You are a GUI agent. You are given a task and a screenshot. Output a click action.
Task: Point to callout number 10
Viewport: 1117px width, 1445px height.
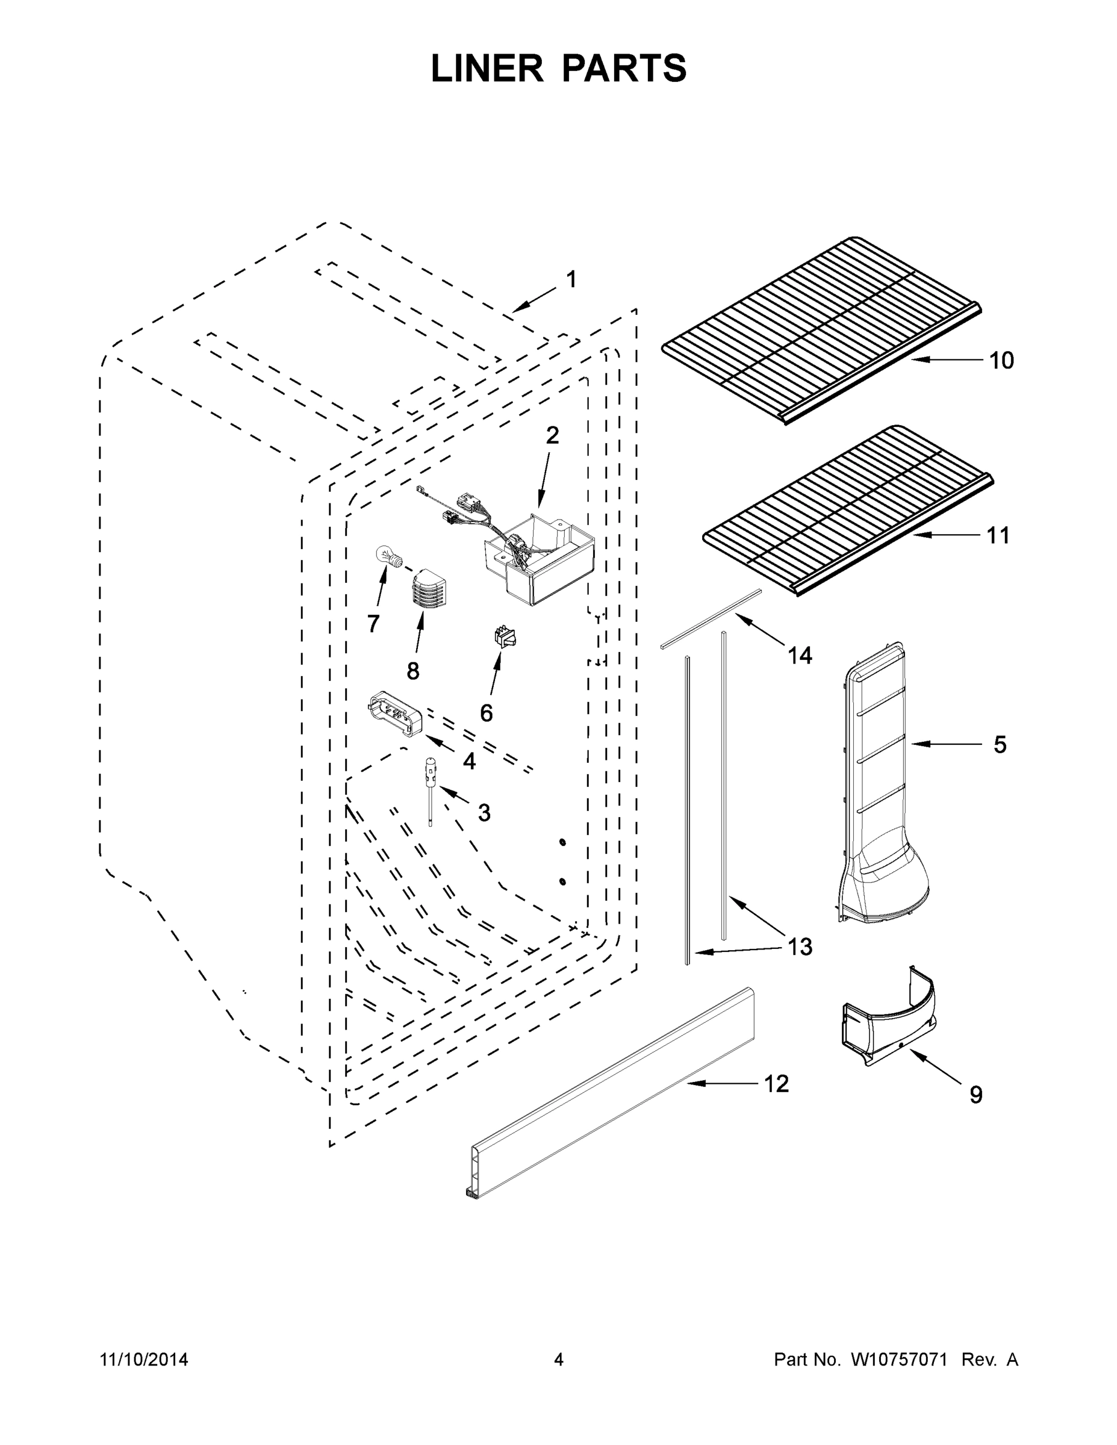1001,361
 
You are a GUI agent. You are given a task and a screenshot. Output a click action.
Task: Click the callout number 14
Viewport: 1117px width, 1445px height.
800,655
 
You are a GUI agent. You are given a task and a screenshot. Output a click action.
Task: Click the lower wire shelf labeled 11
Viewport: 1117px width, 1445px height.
847,509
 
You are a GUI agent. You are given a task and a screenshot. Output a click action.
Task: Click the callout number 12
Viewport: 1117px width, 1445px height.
776,1083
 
